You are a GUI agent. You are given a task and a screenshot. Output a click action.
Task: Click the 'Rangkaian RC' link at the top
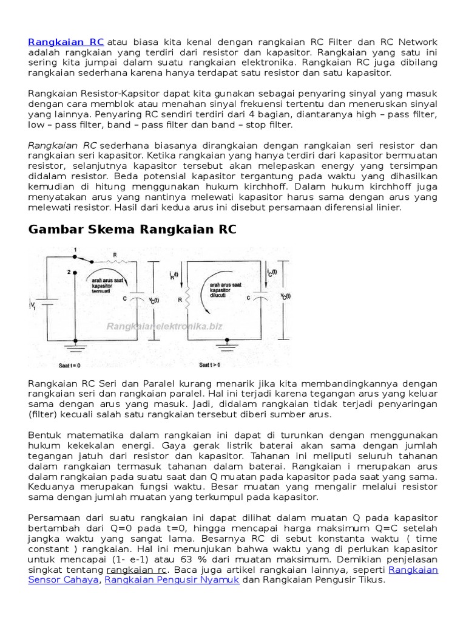click(x=66, y=42)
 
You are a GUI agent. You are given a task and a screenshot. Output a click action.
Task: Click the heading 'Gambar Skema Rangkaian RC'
click(x=132, y=230)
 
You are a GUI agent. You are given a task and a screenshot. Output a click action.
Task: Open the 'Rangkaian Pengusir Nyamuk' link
click(x=172, y=579)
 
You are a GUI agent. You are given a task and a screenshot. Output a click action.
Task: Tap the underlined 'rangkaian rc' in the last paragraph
click(x=137, y=570)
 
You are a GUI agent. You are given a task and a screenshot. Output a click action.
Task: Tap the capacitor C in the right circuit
click(x=260, y=298)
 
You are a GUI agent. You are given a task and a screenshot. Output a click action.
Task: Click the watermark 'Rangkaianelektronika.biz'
click(x=164, y=326)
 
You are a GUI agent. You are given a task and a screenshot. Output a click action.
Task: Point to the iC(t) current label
click(x=271, y=273)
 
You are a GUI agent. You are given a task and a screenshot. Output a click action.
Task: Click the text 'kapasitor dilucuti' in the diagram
click(x=223, y=292)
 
